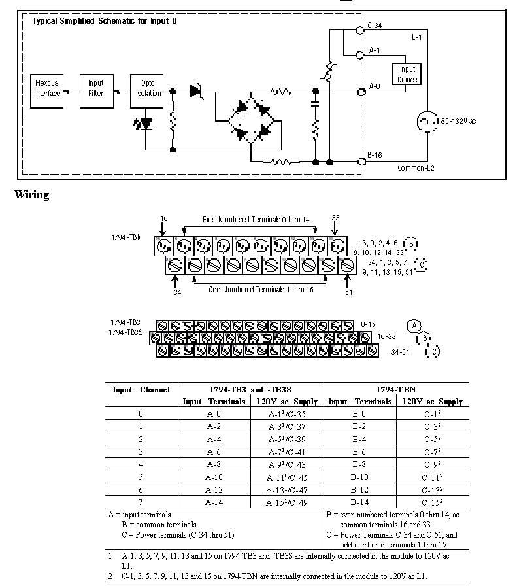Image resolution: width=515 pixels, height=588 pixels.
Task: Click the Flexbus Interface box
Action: coord(47,88)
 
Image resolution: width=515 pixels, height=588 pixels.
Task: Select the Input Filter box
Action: coord(96,88)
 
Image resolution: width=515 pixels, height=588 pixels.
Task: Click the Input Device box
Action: coord(407,74)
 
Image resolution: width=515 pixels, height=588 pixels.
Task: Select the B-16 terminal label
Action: coord(374,155)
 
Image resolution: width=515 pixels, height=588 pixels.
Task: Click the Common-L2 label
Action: coord(416,168)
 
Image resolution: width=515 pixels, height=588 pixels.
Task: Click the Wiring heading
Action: coord(31,194)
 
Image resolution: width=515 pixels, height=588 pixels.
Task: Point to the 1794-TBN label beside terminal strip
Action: coord(126,237)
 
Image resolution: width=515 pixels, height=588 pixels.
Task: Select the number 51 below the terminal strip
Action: coord(348,292)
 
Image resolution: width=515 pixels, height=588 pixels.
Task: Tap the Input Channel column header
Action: coord(141,390)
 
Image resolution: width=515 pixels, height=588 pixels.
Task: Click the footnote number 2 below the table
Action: coord(111,576)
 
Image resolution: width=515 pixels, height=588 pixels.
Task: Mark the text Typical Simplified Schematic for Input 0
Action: coord(105,21)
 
